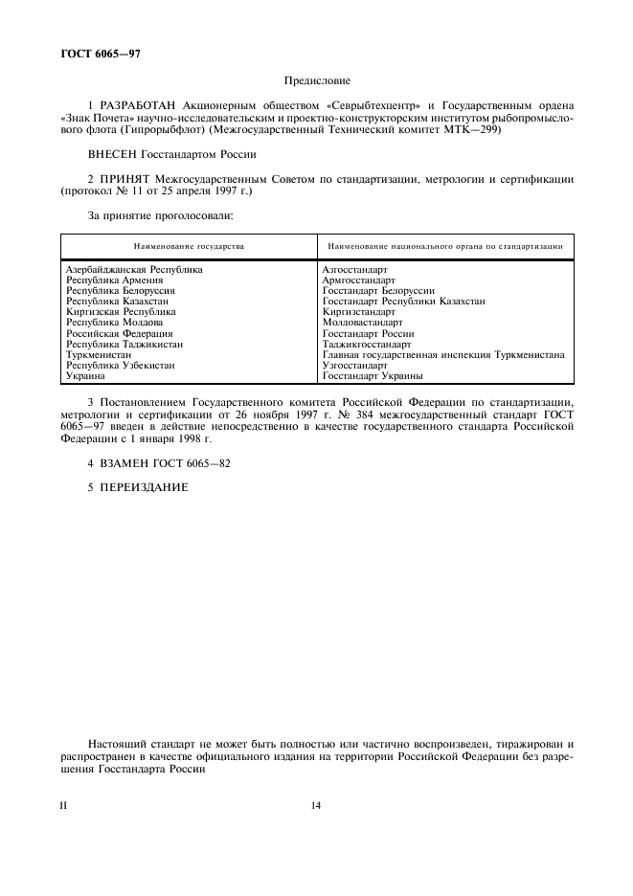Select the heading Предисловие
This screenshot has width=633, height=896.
(316, 81)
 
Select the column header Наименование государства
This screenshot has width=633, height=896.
(189, 246)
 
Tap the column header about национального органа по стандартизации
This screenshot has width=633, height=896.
(444, 246)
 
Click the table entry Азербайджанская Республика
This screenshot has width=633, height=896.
(134, 270)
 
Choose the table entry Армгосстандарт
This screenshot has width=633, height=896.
(359, 280)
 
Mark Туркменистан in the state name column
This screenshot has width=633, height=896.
(99, 354)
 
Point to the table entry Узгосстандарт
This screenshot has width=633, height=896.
(355, 365)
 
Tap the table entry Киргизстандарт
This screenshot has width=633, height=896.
(359, 312)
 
